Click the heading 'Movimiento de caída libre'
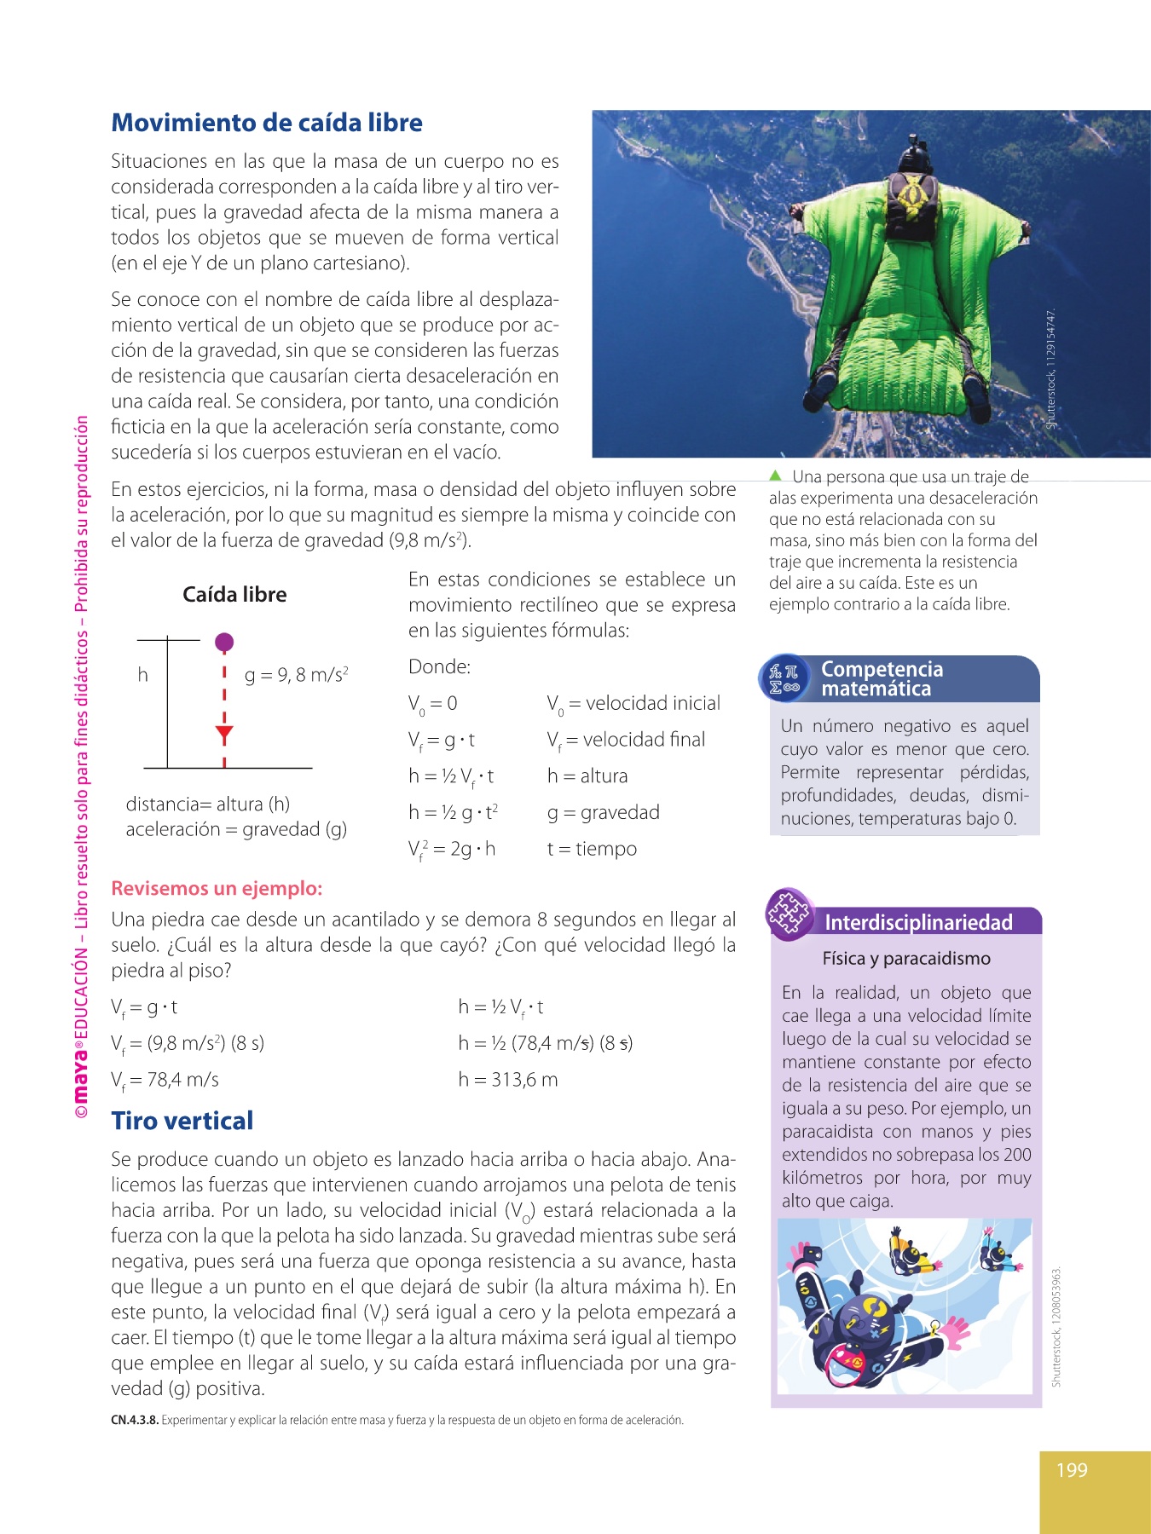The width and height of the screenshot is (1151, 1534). (267, 123)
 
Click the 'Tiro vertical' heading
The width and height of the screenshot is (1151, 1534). (182, 1121)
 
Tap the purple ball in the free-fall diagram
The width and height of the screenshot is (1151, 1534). (224, 642)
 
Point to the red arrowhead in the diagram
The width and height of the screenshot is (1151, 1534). (224, 733)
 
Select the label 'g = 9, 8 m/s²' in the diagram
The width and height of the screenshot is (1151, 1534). (296, 675)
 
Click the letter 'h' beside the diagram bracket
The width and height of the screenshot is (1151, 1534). (143, 675)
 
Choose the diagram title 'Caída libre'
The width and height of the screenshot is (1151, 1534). (234, 595)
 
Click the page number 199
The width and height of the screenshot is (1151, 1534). (1072, 1470)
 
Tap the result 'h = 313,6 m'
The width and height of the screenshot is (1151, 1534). (508, 1080)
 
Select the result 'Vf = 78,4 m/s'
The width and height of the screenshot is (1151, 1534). (165, 1081)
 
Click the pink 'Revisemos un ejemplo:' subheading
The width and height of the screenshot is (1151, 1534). (217, 888)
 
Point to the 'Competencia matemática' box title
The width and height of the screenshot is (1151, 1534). (882, 679)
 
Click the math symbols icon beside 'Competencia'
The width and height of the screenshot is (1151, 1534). (784, 679)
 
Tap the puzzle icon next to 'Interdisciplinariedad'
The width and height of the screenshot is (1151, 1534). (789, 914)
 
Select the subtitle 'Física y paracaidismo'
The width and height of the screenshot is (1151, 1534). (906, 959)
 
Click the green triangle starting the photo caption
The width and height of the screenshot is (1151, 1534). (775, 476)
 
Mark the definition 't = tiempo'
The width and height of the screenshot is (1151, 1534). (592, 849)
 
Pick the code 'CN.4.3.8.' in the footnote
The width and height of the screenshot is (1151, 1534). (135, 1420)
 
